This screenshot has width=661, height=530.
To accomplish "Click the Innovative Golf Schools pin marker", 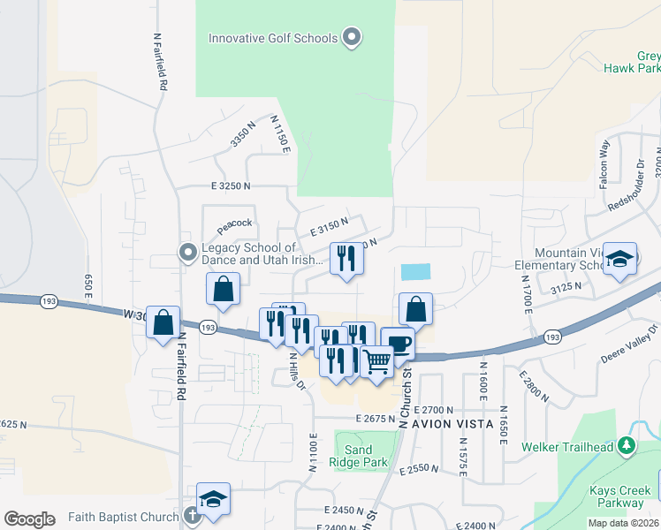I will click(352, 37).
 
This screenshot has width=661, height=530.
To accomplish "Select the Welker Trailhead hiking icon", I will click(627, 446).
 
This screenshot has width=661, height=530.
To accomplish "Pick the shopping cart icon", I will click(376, 361).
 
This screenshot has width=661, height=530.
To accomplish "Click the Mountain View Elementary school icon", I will click(620, 259).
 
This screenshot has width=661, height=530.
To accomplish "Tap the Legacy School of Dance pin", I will click(187, 253).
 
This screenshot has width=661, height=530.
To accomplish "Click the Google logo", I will click(30, 519).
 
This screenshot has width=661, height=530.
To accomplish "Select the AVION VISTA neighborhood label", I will click(462, 424).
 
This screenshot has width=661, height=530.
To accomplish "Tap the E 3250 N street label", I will click(231, 186).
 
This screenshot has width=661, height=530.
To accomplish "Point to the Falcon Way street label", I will click(605, 160).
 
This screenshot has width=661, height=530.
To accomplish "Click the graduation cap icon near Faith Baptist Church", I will click(213, 500).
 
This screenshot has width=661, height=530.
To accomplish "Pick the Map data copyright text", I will click(624, 522).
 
